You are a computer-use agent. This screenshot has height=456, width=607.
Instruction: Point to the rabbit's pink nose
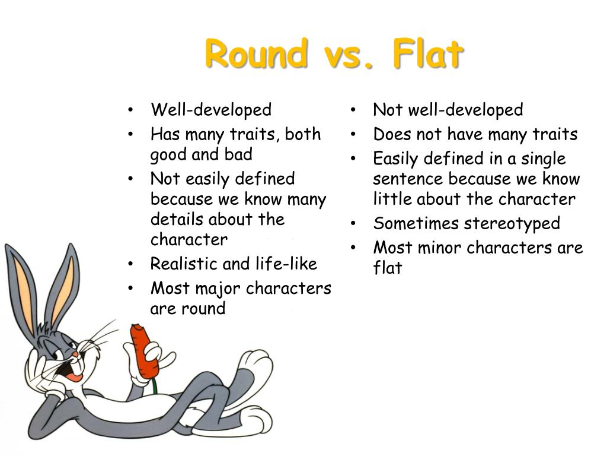click(x=75, y=354)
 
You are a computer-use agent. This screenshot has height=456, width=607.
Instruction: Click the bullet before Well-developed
click(x=130, y=110)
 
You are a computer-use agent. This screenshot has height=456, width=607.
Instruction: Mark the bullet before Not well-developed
click(x=353, y=110)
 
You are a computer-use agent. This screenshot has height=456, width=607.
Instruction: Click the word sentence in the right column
click(x=408, y=179)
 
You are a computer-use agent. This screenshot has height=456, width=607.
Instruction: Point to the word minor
click(x=441, y=248)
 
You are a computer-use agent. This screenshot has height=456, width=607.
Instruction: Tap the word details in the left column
click(x=175, y=219)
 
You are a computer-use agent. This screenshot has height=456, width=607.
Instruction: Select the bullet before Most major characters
click(x=130, y=289)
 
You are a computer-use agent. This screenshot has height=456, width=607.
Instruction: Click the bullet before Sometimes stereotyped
click(x=353, y=224)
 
